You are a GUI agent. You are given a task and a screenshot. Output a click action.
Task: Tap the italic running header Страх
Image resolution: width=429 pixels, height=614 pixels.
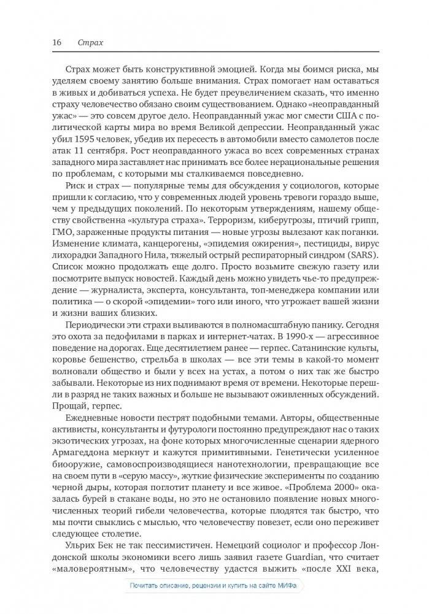(x=90, y=43)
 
